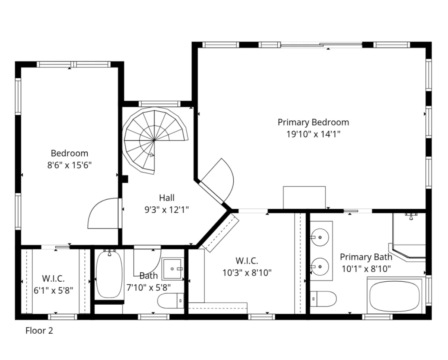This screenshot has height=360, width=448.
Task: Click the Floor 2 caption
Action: [39, 330]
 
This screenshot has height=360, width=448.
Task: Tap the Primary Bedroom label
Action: [313, 122]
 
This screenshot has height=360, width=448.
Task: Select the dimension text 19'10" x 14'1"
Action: [313, 134]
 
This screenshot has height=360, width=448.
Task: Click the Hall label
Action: [166, 198]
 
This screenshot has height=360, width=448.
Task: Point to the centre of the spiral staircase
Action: [154, 141]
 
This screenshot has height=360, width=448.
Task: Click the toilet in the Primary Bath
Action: [323, 299]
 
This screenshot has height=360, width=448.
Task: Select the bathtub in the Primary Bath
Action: [395, 296]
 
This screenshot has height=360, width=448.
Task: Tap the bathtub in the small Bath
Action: [109, 275]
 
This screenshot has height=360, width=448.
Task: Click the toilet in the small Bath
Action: [171, 301]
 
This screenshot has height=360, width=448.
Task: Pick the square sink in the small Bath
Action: [173, 269]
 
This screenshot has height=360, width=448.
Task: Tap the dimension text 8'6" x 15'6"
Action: [69, 165]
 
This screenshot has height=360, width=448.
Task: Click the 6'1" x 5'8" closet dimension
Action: [53, 290]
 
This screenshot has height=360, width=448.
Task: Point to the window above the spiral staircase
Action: [159, 104]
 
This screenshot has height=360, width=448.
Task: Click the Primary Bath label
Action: [366, 257]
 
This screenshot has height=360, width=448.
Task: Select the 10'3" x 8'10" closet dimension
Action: [247, 273]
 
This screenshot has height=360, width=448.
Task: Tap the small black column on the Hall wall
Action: [125, 179]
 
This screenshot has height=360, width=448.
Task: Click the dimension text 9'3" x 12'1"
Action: [166, 210]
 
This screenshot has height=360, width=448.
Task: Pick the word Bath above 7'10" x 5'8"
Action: [149, 276]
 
